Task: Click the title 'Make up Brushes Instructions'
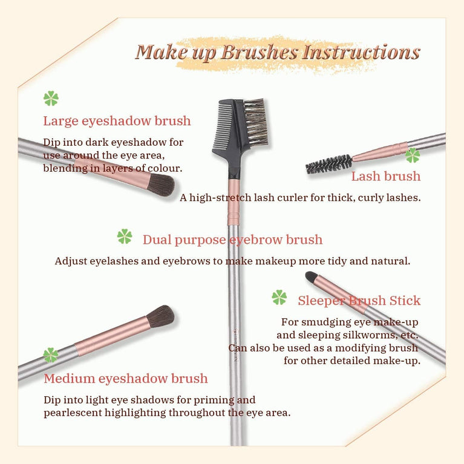tap(277, 52)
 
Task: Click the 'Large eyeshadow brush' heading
tap(117, 121)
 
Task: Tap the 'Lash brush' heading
tap(385, 176)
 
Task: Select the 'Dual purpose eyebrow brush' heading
tap(232, 240)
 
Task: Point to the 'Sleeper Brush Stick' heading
tap(359, 300)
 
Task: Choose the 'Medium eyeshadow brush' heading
tap(125, 379)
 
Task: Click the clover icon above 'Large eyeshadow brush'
tap(51, 99)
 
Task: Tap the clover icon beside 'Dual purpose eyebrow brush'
tap(125, 237)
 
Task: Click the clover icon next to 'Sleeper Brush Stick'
tap(279, 297)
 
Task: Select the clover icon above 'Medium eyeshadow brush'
tap(51, 355)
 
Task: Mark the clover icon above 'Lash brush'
tap(413, 155)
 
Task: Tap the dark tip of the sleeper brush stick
tap(311, 277)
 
